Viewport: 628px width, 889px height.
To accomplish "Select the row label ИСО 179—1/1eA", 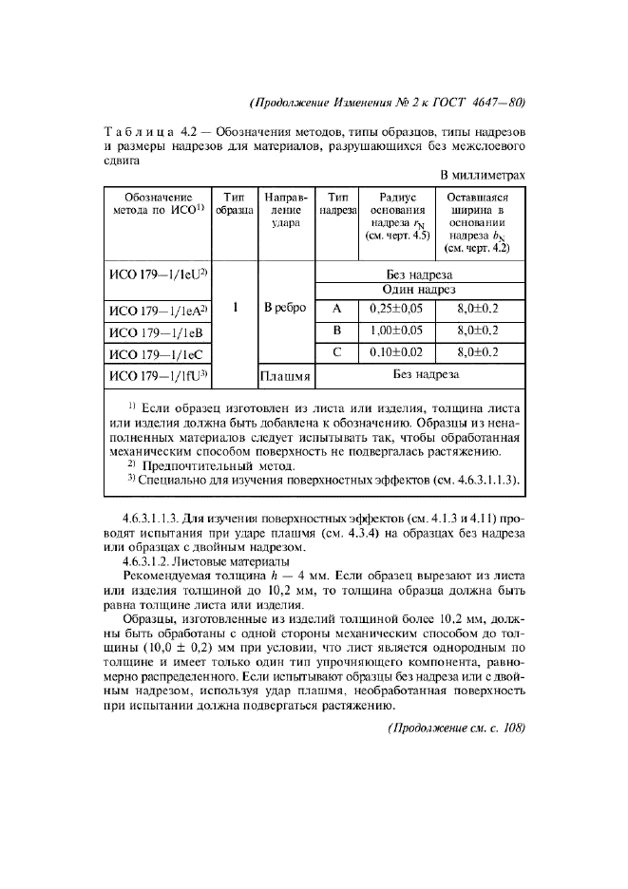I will pyautogui.click(x=154, y=310).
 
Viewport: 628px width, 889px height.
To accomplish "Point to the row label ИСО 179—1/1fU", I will pyautogui.click(x=154, y=377).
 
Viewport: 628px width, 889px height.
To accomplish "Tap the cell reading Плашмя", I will pyautogui.click(x=285, y=377).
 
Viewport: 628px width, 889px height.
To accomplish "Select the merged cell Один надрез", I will pyautogui.click(x=419, y=289).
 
